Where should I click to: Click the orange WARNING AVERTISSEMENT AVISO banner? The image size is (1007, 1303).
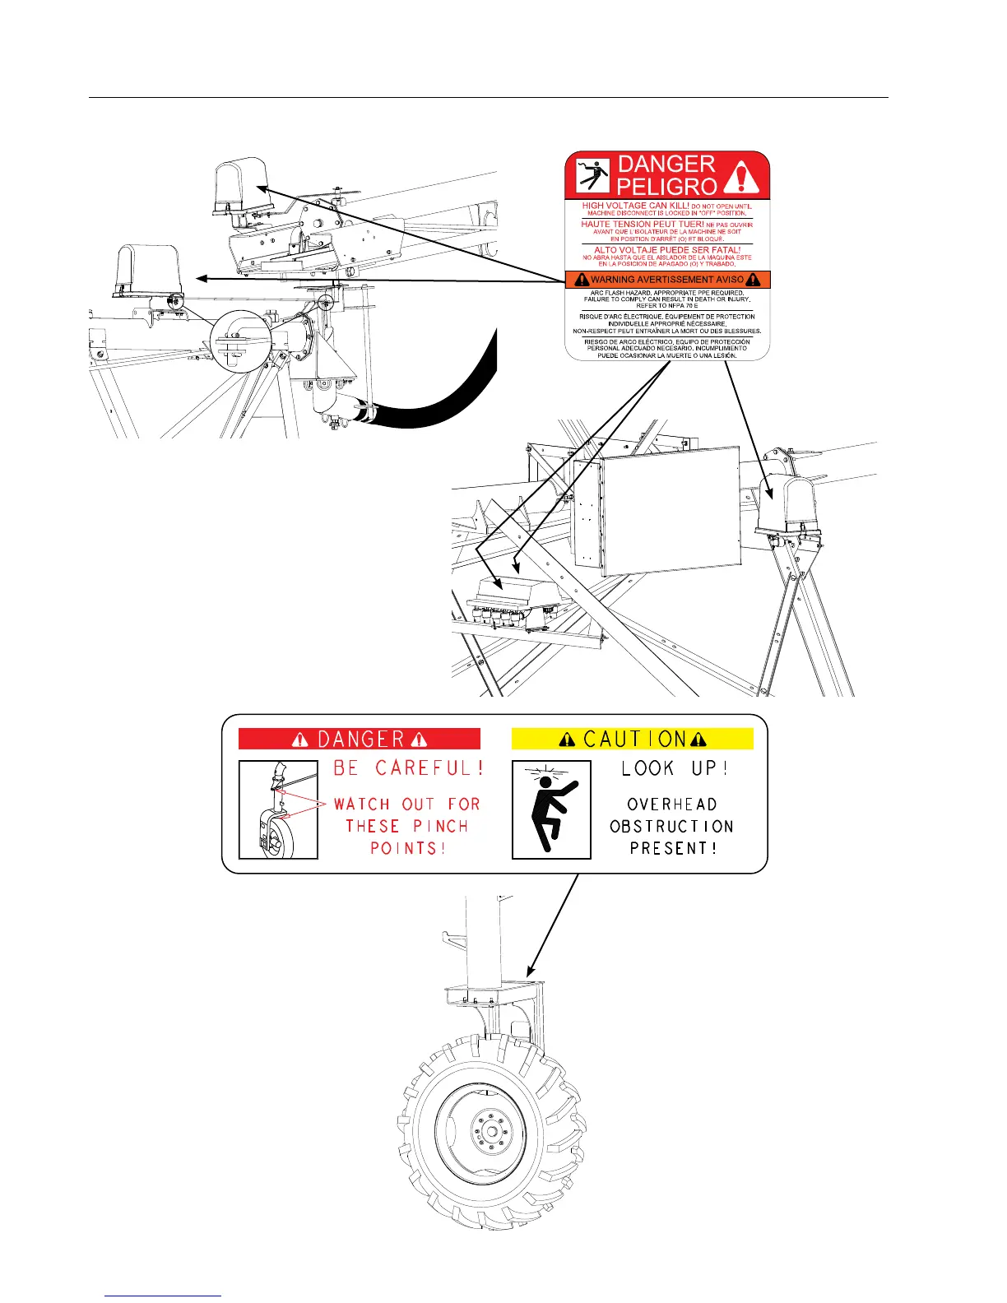[667, 280]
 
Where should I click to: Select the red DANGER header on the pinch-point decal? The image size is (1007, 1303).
[360, 739]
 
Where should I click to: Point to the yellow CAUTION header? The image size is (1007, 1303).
[633, 739]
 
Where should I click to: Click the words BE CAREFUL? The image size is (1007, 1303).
[408, 768]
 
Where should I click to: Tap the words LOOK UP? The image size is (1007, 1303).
[675, 768]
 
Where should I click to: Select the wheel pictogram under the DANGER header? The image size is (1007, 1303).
[278, 810]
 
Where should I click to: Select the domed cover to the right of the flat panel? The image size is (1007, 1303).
[785, 505]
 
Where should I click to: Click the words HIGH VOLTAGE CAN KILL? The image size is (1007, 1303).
[635, 206]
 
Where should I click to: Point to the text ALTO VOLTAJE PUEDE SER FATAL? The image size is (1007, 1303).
[667, 250]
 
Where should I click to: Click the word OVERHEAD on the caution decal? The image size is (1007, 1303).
[672, 805]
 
